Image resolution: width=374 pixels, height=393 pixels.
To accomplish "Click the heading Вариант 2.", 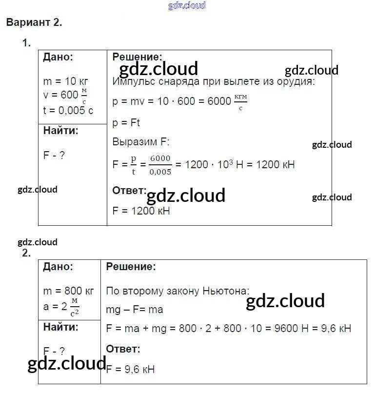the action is (x=34, y=22).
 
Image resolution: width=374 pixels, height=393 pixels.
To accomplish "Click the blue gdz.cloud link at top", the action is (x=187, y=5).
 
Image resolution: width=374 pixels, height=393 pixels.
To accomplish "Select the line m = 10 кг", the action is (x=65, y=81).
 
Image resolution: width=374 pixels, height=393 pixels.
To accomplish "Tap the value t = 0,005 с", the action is (x=68, y=110).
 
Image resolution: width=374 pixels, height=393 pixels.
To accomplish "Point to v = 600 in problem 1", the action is (x=61, y=96).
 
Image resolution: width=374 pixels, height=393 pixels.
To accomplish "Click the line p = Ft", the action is (x=126, y=122).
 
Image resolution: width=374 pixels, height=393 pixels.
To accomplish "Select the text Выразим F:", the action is (x=140, y=142).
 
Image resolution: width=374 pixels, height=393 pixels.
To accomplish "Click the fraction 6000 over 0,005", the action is (x=160, y=165).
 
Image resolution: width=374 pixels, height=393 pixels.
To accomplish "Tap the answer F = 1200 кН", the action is (x=141, y=211).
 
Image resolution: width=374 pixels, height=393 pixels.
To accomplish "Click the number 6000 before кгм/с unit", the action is (x=219, y=101).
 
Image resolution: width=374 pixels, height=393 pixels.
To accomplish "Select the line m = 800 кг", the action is (x=68, y=291).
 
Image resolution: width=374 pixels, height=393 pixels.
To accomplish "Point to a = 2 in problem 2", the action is (x=57, y=306).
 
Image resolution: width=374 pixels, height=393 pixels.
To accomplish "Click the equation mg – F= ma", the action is (x=134, y=310).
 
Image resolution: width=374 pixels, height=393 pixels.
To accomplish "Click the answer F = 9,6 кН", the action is (x=130, y=369).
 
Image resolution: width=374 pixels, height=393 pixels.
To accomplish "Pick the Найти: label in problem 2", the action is (x=60, y=326).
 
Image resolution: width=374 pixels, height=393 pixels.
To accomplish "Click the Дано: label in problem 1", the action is (x=58, y=57).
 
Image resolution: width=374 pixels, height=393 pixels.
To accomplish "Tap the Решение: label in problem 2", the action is (x=131, y=267).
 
